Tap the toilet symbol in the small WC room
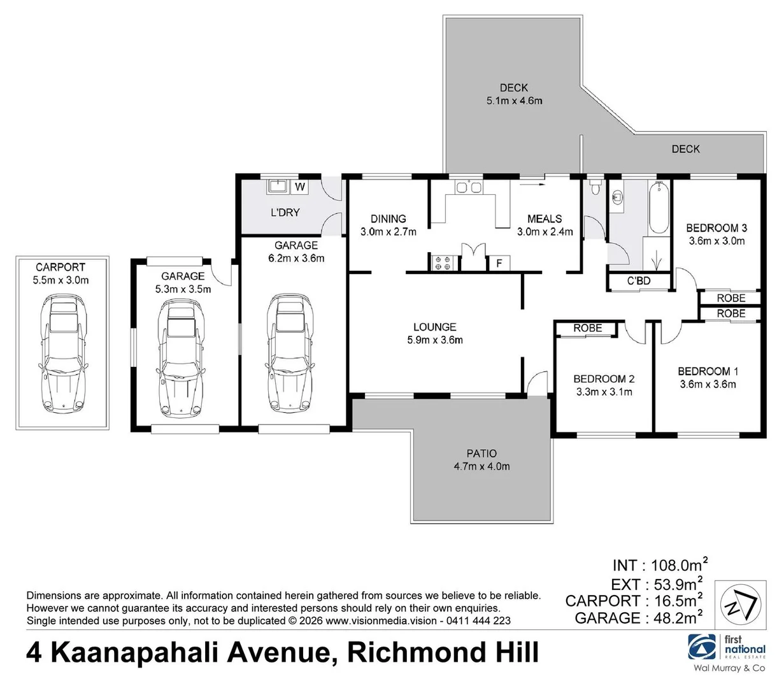(594, 187)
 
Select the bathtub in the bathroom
(658, 207)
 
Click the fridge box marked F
(499, 263)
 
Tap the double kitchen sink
(468, 187)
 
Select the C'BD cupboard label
(639, 281)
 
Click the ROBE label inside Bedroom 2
(587, 328)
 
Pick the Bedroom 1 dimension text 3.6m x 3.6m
(708, 384)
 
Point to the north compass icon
(741, 604)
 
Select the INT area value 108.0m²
(677, 565)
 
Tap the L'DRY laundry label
(285, 212)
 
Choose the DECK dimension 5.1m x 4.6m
(513, 101)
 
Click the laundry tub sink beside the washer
(278, 186)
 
